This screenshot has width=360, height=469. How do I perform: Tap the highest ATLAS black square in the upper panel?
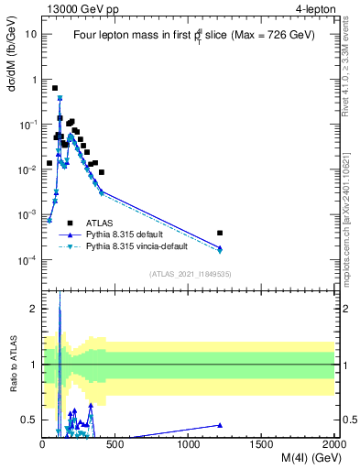pos(55,88)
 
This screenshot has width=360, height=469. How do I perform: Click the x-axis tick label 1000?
pos(189,444)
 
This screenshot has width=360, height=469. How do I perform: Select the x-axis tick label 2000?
pos(334,444)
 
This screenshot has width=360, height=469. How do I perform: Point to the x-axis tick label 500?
pos(115,444)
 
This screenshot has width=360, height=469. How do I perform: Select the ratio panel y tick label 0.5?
pos(29,420)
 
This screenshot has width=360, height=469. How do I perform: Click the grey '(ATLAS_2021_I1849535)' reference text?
pos(189,274)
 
